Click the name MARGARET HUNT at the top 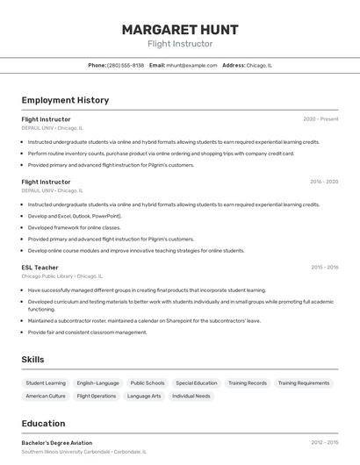click(x=180, y=29)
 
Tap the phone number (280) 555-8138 click(x=126, y=66)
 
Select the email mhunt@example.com click(x=191, y=66)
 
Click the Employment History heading click(x=65, y=100)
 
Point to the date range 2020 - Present click(x=320, y=119)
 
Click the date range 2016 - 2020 click(x=324, y=182)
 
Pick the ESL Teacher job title click(x=40, y=268)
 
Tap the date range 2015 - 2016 click(x=324, y=268)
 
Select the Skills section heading click(x=32, y=360)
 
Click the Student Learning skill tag click(x=46, y=383)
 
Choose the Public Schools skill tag click(x=148, y=383)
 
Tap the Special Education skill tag click(x=197, y=383)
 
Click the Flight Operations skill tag click(x=97, y=397)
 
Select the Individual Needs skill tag click(x=191, y=397)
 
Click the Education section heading click(x=44, y=423)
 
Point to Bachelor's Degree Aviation click(x=57, y=443)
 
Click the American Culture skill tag click(x=46, y=397)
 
